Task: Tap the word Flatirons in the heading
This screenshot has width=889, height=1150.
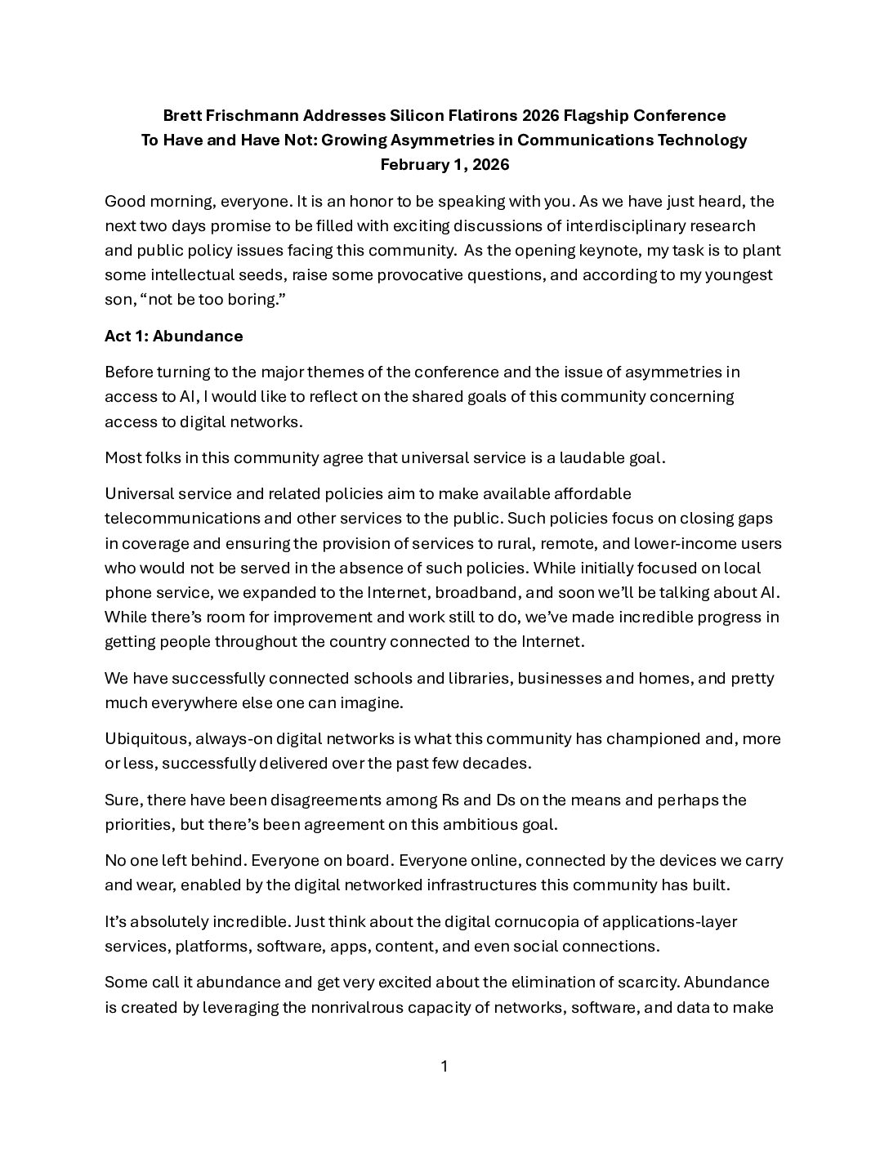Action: tap(468, 115)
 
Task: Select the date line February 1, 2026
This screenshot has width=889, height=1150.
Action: tap(444, 164)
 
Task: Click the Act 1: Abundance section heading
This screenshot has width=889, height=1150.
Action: tap(174, 336)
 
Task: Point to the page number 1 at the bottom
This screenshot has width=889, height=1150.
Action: tap(444, 1066)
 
